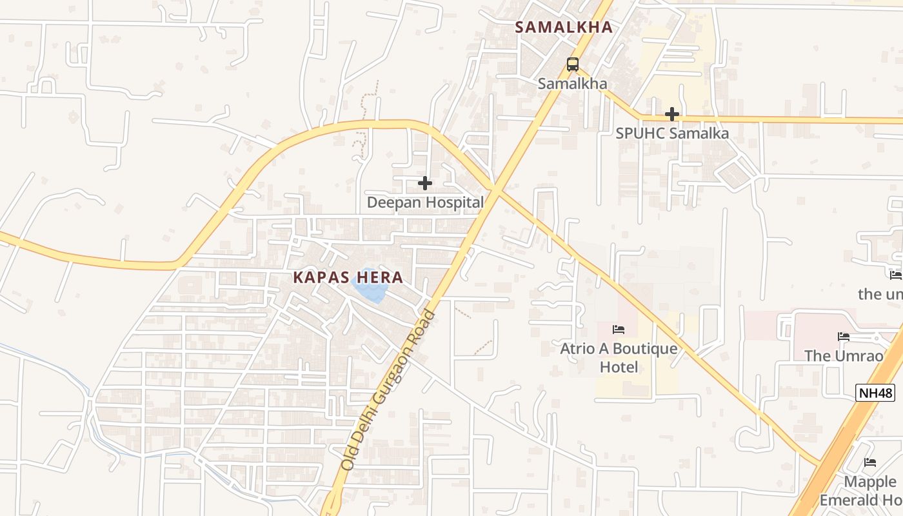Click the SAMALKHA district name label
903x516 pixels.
point(563,27)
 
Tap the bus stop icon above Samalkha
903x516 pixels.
point(573,64)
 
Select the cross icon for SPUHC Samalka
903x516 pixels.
point(672,114)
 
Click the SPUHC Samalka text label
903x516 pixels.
point(672,134)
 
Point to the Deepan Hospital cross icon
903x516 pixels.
point(425,183)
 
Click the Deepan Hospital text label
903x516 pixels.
point(425,203)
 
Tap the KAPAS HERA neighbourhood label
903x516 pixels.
point(348,278)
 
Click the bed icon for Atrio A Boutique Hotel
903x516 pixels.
point(619,330)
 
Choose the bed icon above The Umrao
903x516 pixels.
point(844,337)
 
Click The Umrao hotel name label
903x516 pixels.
point(844,356)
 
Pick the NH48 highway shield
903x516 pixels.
point(875,392)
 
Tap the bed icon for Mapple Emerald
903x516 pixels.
point(870,462)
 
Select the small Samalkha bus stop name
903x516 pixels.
point(573,84)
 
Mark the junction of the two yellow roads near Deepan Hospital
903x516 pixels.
point(495,189)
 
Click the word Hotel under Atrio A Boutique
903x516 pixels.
point(619,368)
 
